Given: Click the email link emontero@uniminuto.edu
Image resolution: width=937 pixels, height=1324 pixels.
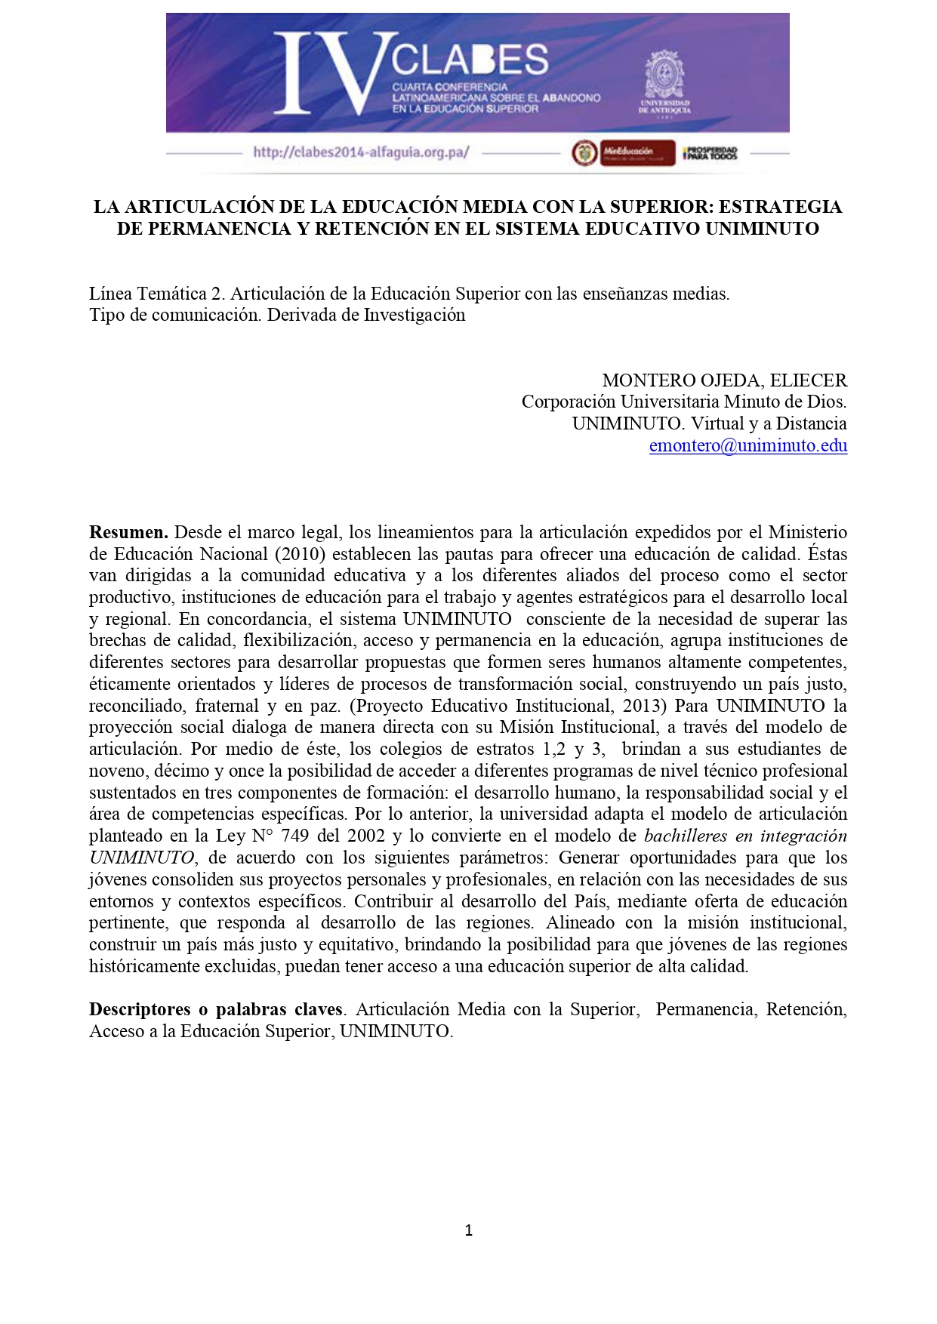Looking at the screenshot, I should click(x=747, y=445).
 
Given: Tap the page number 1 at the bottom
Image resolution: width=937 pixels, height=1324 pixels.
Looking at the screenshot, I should click(x=469, y=1230).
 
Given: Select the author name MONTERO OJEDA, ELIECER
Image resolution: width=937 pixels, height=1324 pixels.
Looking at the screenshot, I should click(x=724, y=380).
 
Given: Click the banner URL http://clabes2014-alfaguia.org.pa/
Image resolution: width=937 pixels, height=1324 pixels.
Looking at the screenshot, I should click(x=361, y=152).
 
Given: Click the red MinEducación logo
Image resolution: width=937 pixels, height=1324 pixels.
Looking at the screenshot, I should click(x=636, y=152).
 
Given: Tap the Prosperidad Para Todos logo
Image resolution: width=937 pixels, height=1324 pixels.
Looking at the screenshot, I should click(x=710, y=153).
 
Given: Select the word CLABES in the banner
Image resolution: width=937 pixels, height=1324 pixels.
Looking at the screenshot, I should click(x=470, y=60).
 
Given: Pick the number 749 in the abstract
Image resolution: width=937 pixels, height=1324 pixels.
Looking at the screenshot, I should click(x=294, y=836).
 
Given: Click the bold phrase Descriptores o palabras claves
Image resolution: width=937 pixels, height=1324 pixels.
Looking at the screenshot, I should click(x=216, y=1009).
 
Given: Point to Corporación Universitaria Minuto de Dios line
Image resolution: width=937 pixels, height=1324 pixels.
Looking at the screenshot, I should click(x=683, y=402).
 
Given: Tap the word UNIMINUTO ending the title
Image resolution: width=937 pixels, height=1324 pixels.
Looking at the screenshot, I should click(x=762, y=229).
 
